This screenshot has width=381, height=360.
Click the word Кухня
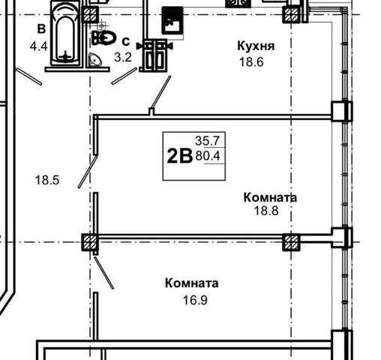point(256,46)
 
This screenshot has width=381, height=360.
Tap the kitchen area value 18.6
point(251,62)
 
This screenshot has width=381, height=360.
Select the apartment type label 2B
point(179,156)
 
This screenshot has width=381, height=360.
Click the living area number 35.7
point(207,141)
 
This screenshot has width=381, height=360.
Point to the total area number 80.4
point(208,156)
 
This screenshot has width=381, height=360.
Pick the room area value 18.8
point(266,211)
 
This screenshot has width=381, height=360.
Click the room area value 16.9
point(195,300)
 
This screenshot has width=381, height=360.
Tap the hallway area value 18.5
point(47,180)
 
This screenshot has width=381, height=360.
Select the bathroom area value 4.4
point(38,46)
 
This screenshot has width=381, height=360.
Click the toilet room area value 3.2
point(123,57)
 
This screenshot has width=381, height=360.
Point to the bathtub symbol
point(65,34)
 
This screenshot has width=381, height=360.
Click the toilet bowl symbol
point(103,38)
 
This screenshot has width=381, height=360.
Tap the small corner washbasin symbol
point(94,60)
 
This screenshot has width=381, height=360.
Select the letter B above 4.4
point(41,29)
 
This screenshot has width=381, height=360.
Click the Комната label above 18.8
point(270,197)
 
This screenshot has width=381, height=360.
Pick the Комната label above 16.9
point(192,283)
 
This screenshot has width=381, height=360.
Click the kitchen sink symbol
point(173,20)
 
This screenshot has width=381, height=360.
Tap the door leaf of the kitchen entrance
point(160,92)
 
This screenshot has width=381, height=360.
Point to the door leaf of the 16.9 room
point(104,273)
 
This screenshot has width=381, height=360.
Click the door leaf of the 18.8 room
point(88,172)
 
